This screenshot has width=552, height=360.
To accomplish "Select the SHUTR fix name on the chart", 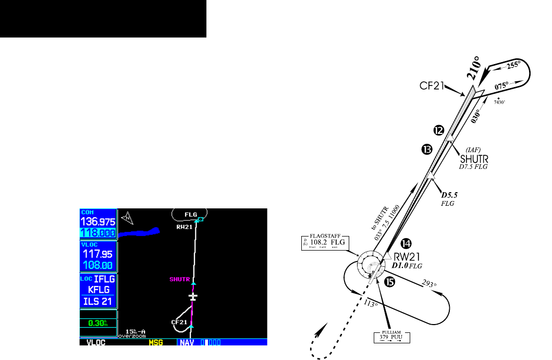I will coord(475,158).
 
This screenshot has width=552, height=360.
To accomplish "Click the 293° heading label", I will coord(428,284).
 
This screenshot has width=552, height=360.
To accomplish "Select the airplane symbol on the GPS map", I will coord(193,296).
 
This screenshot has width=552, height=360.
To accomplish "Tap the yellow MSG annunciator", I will coord(156,343).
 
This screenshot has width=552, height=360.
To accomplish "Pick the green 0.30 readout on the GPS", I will coord(97,323).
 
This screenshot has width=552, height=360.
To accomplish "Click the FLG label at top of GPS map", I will coord(191,214).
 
